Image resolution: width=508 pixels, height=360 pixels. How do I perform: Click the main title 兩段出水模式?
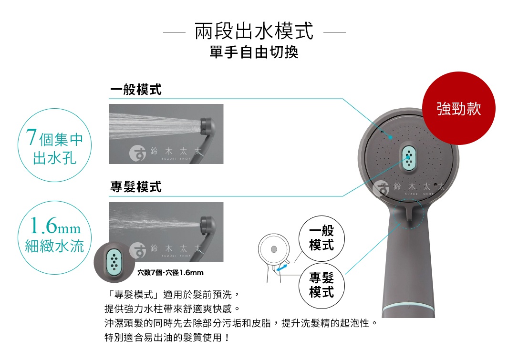254,31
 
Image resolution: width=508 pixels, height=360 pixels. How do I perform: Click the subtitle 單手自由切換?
254,52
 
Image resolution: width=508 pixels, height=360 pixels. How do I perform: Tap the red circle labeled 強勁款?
458,109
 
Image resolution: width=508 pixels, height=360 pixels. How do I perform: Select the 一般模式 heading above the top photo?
136,89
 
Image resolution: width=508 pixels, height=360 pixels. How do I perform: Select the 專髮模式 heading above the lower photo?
136,187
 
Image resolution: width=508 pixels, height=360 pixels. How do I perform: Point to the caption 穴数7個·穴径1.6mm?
170,273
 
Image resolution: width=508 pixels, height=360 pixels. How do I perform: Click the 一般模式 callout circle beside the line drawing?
321,238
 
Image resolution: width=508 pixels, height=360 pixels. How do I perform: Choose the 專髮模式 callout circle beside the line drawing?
321,285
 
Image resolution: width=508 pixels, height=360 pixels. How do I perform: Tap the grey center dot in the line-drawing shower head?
273,249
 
